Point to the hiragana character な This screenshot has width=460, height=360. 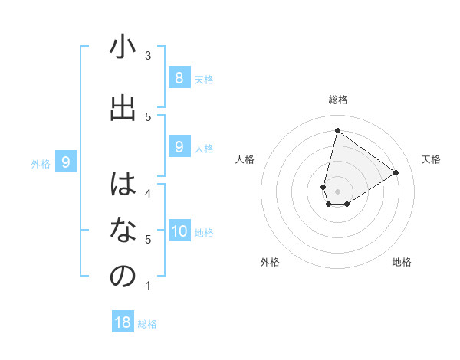point(123,230)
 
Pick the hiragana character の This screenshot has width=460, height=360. point(123,277)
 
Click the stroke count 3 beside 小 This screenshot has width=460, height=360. point(148,56)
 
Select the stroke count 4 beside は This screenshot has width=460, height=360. point(148,193)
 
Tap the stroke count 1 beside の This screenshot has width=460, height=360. point(148,286)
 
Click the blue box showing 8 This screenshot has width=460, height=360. point(179,78)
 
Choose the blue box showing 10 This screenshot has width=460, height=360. point(179,231)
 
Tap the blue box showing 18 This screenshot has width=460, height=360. point(123,322)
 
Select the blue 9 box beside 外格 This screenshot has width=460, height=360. point(66,162)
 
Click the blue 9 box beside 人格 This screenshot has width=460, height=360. point(179,147)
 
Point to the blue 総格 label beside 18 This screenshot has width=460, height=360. point(147,324)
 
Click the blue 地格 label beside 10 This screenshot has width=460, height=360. point(204,233)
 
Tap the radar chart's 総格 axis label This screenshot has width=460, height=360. point(338,100)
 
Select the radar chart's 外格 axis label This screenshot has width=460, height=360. point(270,262)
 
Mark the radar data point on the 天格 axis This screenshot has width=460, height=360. point(396,172)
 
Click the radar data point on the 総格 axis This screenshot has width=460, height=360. point(337,130)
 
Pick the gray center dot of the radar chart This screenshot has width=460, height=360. point(337,191)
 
